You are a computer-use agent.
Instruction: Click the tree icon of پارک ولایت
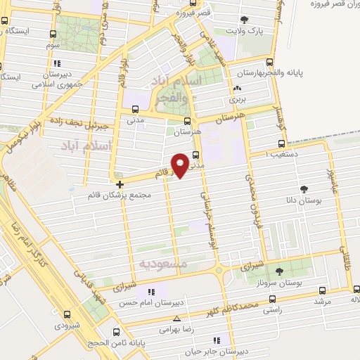(244, 20)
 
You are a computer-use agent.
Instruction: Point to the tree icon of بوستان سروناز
(279, 271)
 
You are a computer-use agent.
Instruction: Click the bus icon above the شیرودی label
(67, 315)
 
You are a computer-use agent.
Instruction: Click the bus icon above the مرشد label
(322, 290)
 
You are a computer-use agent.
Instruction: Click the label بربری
(237, 99)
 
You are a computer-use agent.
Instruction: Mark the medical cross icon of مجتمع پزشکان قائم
(120, 184)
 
